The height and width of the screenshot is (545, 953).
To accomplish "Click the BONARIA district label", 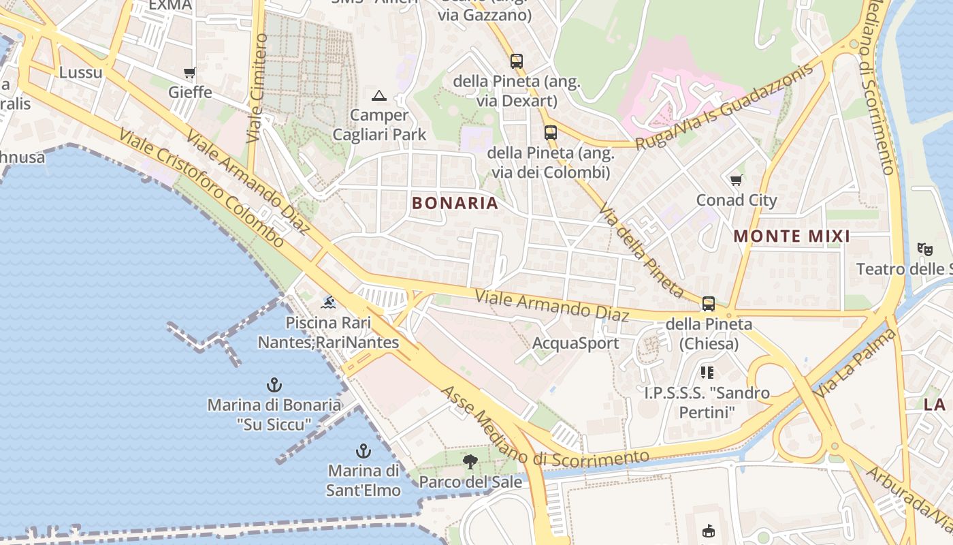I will pos(455,203).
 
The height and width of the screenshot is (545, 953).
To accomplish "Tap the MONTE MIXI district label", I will pos(792,236).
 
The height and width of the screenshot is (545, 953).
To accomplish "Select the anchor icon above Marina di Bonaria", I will pos(274,385).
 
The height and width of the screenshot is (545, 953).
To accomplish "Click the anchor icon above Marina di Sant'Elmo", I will pos(364,451).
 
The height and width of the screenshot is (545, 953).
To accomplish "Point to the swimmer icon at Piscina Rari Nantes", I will pos(328,302).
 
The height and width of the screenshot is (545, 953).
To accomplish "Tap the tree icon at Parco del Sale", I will pos(470,462).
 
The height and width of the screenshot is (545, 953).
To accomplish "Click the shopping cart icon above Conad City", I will pos(736,181).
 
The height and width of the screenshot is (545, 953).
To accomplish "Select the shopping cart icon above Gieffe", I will pos(190,72).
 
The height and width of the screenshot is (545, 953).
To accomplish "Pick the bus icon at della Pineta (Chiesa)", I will pos(709,304).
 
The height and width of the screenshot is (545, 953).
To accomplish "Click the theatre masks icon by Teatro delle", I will pos(924,249).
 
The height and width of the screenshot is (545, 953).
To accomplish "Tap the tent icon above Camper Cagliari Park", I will pos(379,95).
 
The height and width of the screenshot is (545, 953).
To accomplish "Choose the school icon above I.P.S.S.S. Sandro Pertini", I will pos(707,373).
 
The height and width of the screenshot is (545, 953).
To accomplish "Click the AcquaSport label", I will pos(575,343).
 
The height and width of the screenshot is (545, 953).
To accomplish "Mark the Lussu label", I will pos(80,73).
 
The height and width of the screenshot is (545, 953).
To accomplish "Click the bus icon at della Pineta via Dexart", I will pos(517,61).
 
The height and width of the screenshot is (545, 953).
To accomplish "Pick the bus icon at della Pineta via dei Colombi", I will pos(551,133).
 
